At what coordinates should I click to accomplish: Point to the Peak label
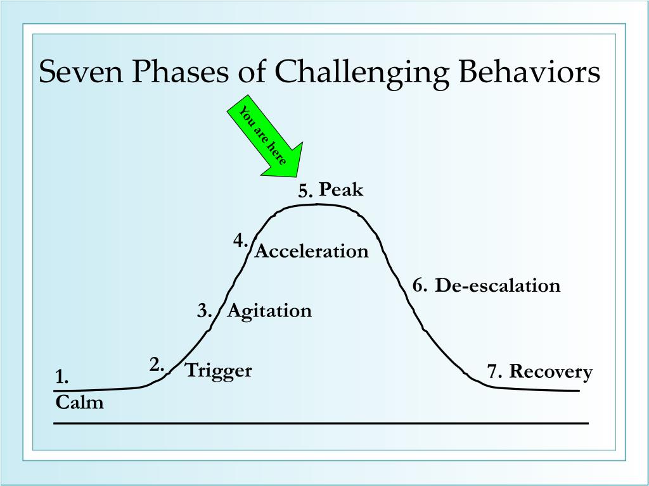point(341,189)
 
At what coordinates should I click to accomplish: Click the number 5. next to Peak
point(307,191)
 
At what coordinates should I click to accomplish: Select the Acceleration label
point(311,252)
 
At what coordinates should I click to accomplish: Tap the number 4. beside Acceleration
point(240,240)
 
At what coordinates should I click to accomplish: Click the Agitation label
point(269,311)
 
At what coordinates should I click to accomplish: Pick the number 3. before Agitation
point(204,311)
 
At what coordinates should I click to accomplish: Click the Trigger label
point(219,370)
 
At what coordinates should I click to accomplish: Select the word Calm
point(79,402)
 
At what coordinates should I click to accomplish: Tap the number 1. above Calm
point(61,378)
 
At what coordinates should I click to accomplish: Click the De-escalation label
point(498,286)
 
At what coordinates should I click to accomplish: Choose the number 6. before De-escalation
point(420,286)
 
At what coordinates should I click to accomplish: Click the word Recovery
point(551,371)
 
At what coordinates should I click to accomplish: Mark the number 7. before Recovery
point(495,371)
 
